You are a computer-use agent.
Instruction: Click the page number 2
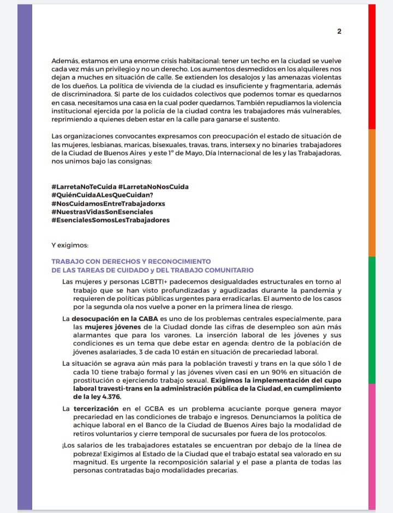click(340, 31)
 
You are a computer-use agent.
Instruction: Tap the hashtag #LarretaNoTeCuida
click(84, 186)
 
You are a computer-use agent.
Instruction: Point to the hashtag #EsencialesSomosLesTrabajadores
click(110, 220)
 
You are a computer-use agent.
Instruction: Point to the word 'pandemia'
click(324, 291)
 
